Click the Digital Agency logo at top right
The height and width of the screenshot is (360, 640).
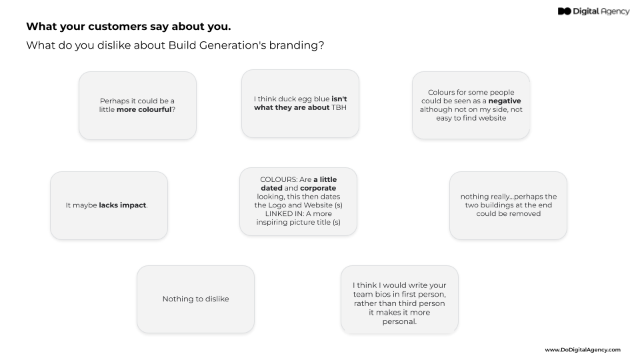coord(593,11)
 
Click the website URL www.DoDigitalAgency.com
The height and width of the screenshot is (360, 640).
coord(582,349)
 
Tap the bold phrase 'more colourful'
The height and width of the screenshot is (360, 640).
coord(144,109)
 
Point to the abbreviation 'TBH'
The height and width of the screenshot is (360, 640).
coord(339,107)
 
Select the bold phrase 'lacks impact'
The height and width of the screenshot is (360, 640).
coord(123,205)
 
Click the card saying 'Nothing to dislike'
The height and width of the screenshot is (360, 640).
coord(195,299)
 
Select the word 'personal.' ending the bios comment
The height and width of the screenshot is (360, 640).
coord(399,321)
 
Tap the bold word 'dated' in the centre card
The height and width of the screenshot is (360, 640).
coord(272,189)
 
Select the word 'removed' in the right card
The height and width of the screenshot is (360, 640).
coord(527,214)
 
